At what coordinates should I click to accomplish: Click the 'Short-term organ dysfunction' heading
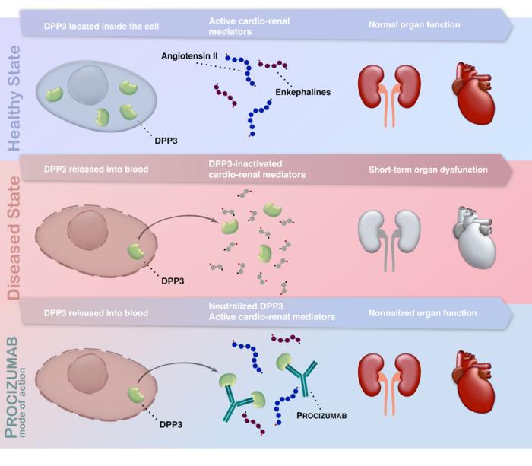click(428, 170)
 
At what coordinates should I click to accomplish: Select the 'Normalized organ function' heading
click(423, 313)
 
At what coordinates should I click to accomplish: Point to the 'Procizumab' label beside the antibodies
click(322, 417)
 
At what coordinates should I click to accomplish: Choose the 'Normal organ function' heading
click(414, 25)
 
